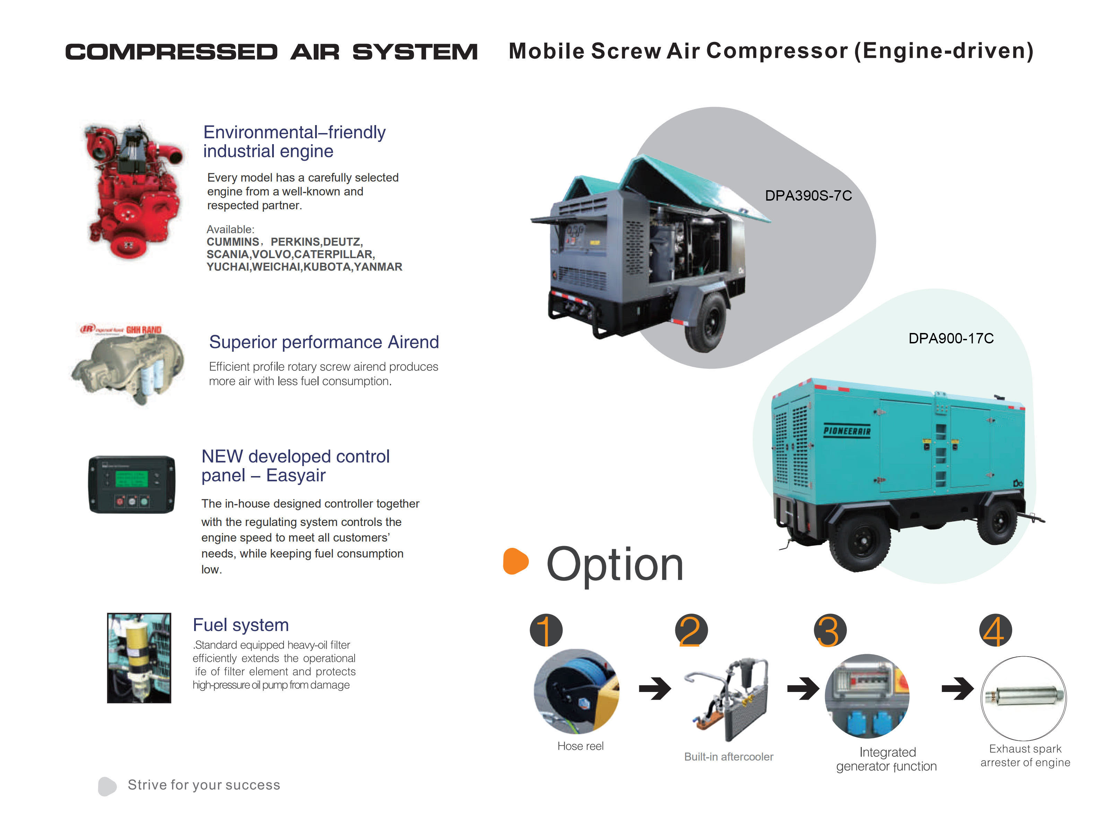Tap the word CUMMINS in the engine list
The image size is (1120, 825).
233,242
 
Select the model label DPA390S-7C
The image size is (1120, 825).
808,196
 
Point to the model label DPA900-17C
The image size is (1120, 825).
950,339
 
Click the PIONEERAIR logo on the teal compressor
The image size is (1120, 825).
847,430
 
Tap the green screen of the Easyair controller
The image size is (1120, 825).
131,479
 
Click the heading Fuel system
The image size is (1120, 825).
241,625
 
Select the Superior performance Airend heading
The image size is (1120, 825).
324,342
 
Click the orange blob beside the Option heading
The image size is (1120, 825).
515,561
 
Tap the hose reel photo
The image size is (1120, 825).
576,692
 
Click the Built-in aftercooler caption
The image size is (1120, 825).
728,757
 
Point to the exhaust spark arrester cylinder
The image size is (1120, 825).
1024,696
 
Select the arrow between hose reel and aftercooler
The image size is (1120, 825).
655,689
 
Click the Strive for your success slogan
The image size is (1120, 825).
204,785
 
